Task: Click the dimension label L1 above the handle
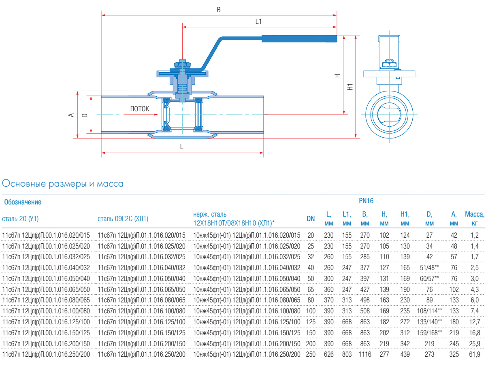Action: pos(259,21)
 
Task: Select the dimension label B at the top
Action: pos(219,10)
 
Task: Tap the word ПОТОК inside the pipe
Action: pos(140,109)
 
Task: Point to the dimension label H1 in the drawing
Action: pos(351,87)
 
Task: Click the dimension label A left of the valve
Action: pos(71,115)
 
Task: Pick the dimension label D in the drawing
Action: pos(85,115)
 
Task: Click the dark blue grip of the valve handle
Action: pos(299,39)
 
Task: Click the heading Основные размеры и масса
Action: pos(63,184)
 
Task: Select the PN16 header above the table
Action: pos(366,201)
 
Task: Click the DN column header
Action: pos(311,219)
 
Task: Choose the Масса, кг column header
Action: pos(475,219)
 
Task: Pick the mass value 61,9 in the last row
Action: pos(475,354)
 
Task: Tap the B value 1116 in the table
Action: pos(364,354)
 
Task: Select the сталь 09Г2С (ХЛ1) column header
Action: pos(123,219)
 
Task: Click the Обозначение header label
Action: pos(22,202)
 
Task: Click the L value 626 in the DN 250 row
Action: pos(329,354)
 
